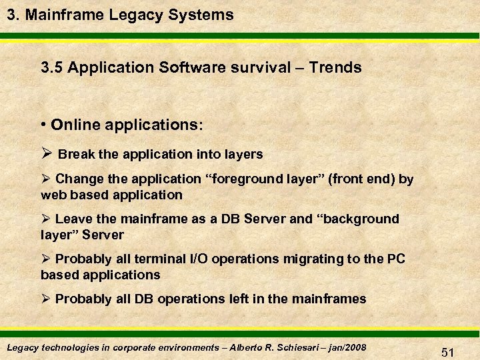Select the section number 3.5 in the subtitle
tap(52, 67)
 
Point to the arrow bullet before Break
tap(46, 154)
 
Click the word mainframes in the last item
tap(329, 299)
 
